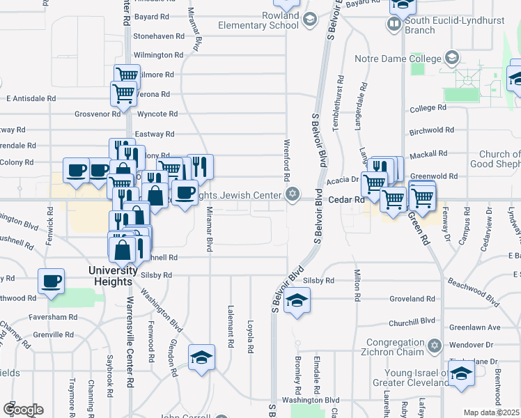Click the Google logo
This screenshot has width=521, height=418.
23,410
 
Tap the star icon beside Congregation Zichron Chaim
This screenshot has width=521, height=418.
435,346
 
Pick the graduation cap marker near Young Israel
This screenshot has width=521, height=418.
460,375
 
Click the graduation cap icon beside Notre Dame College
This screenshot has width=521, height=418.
452,56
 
